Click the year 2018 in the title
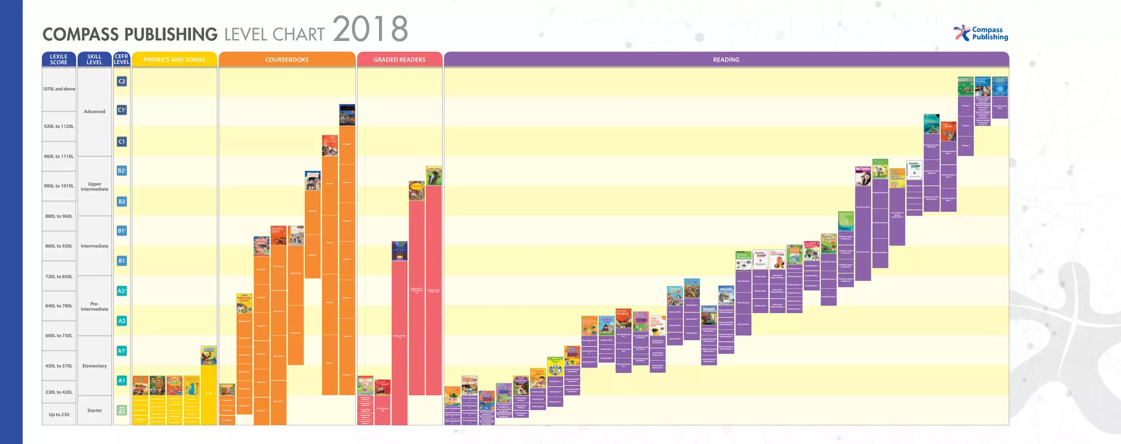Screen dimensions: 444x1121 point(371,30)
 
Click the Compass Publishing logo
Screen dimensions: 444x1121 point(981,33)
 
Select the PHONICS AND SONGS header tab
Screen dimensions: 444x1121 point(174,60)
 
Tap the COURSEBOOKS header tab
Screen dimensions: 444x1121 point(287,60)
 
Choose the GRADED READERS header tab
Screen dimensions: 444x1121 point(399,60)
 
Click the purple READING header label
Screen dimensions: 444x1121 point(726,60)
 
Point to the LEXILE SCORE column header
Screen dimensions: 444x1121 point(59,59)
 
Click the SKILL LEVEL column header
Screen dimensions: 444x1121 point(94,59)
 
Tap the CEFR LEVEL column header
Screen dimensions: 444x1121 point(122,59)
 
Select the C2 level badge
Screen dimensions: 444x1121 point(122,81)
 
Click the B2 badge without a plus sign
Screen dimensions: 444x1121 point(122,201)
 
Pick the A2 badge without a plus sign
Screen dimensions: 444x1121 point(122,321)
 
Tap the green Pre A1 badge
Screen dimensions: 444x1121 point(122,410)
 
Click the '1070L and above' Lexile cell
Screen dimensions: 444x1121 point(59,89)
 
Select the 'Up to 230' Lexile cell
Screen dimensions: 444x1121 point(59,414)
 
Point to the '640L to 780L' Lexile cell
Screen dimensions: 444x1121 point(59,306)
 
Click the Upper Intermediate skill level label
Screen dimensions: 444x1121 point(94,187)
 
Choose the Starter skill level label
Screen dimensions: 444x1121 point(94,410)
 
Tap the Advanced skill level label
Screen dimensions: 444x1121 point(94,111)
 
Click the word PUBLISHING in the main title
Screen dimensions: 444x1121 point(171,34)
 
